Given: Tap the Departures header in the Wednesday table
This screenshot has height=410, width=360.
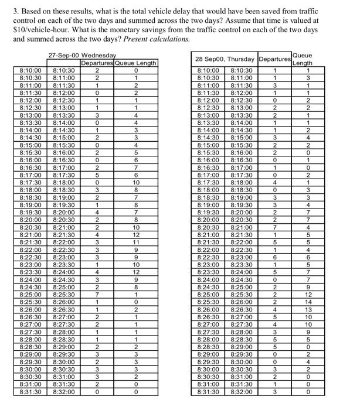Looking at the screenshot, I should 97,63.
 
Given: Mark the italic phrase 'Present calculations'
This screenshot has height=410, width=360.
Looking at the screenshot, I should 156,38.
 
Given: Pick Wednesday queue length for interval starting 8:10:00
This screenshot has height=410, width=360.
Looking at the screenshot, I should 135,71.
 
